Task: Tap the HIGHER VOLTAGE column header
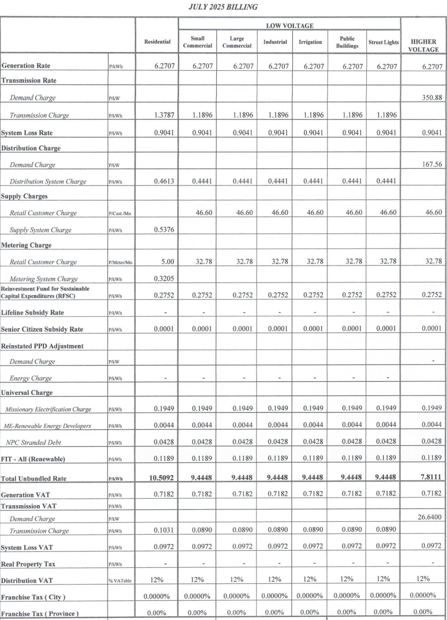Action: tap(424, 45)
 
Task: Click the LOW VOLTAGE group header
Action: tap(289, 25)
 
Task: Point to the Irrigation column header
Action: tap(310, 42)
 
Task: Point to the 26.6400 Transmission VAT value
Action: tap(429, 518)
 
